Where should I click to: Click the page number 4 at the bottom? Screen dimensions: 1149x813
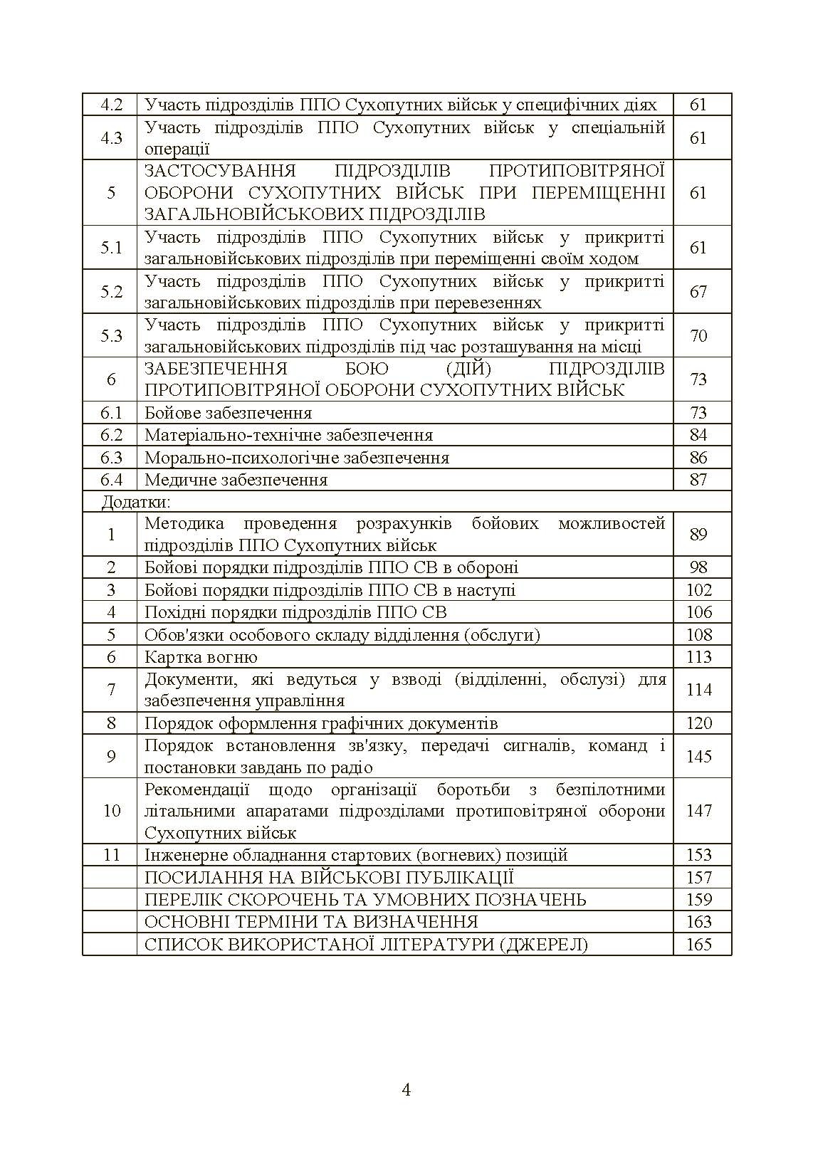[406, 1090]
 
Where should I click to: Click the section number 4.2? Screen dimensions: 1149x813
[111, 105]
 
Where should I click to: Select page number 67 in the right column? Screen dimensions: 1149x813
[698, 291]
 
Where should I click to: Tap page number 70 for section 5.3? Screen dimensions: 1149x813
[698, 335]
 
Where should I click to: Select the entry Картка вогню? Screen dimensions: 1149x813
[201, 657]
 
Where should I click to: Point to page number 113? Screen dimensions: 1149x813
[698, 657]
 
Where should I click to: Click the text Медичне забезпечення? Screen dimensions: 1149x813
[236, 480]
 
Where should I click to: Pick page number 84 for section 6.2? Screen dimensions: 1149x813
[698, 435]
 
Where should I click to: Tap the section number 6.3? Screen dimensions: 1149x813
[111, 458]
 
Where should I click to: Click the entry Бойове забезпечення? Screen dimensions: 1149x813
[228, 413]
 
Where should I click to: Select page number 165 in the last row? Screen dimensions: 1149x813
[698, 945]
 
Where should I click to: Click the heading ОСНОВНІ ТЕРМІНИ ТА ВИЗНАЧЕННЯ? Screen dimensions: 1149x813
[311, 922]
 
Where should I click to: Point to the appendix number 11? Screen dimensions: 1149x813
[111, 855]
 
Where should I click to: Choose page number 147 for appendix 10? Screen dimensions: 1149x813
[698, 811]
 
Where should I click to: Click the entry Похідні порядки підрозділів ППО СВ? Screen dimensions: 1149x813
[295, 612]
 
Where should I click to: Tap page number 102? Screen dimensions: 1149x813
[698, 590]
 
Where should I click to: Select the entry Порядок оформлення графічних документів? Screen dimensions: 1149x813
[321, 723]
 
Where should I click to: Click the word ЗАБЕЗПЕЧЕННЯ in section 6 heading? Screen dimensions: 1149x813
[216, 369]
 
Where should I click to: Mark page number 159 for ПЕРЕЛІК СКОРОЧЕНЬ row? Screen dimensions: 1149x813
[698, 900]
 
